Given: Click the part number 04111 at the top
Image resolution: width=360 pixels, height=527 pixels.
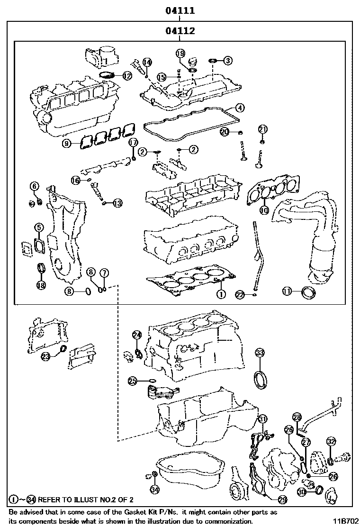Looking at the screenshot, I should pyautogui.click(x=180, y=10).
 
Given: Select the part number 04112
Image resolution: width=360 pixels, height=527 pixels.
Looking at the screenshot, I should pyautogui.click(x=180, y=31).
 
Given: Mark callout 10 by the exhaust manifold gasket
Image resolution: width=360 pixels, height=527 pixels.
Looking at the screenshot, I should pyautogui.click(x=264, y=209).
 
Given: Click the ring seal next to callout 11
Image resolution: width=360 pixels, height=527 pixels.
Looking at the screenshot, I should pyautogui.click(x=309, y=293).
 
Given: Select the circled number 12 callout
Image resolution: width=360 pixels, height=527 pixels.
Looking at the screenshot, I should pyautogui.click(x=126, y=75).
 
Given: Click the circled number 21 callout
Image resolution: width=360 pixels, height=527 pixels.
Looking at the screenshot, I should pyautogui.click(x=263, y=129).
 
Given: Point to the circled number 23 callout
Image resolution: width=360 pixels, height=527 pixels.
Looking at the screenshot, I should pyautogui.click(x=45, y=356).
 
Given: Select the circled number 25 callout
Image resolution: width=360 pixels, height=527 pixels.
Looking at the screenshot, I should pyautogui.click(x=133, y=380).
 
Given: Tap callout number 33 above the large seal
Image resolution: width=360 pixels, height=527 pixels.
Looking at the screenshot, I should pyautogui.click(x=260, y=352).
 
